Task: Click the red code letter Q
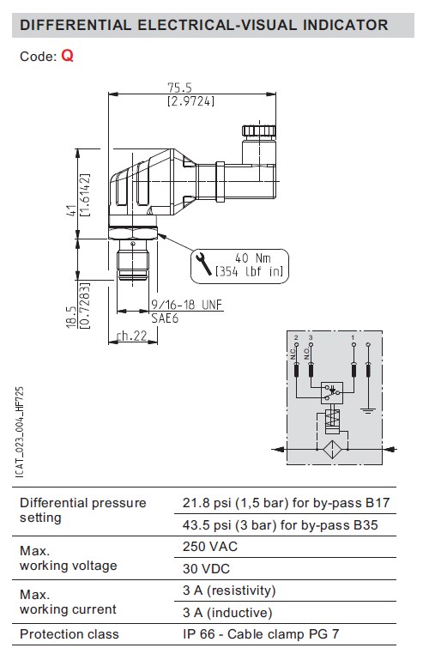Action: click(x=67, y=55)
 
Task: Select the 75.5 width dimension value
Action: click(x=179, y=88)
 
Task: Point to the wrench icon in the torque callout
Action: click(x=203, y=263)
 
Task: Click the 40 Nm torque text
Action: click(x=253, y=257)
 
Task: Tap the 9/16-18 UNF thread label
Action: click(x=186, y=305)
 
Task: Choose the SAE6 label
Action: click(x=165, y=318)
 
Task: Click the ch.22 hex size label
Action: click(x=132, y=336)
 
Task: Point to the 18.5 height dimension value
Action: click(x=71, y=318)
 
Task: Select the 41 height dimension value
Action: click(x=72, y=210)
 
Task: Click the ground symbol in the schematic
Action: click(x=367, y=410)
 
